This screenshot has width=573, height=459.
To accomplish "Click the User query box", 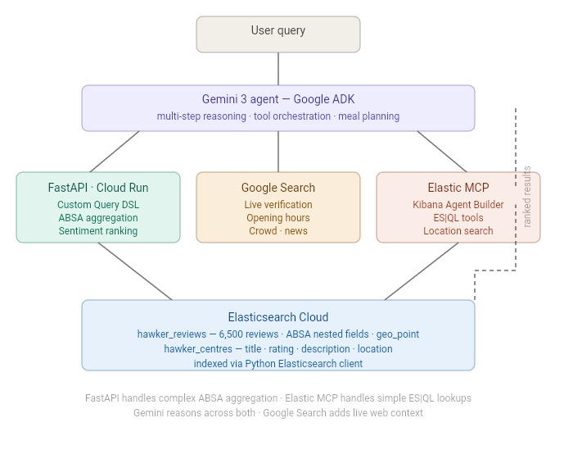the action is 278,34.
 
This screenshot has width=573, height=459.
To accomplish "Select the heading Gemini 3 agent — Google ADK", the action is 278,99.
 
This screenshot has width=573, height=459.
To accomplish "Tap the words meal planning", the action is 368,116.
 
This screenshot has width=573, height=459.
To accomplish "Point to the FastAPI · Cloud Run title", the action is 98,188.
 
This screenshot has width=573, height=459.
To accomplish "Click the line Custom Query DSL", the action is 98,205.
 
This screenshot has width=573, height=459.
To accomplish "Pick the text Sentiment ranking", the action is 98,231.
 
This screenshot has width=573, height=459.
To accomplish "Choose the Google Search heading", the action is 278,188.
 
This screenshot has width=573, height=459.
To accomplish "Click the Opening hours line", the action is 278,218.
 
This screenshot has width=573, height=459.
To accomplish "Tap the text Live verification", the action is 278,205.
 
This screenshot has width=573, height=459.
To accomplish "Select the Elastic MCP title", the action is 458,188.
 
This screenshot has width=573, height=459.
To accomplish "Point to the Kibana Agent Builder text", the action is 458,205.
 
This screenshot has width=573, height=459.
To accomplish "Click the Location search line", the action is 458,231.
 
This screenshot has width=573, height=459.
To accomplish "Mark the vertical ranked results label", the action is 526,197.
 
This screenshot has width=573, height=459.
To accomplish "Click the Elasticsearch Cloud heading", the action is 278,317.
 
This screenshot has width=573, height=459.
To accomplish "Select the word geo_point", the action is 398,334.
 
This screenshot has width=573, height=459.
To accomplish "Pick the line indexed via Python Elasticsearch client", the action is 278,364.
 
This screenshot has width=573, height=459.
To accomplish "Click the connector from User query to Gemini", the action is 278,69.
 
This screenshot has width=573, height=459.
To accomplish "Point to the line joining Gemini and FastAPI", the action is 115,152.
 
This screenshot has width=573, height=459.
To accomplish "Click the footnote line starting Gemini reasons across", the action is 278,413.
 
